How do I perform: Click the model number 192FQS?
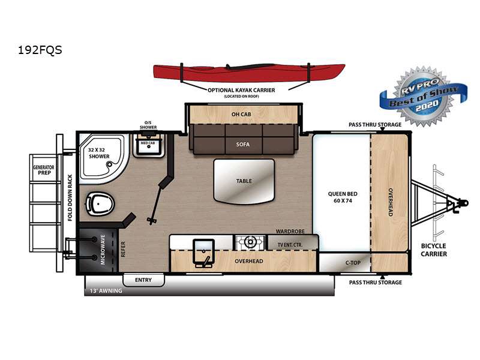click(x=40, y=50)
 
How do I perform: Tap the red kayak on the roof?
click(x=249, y=73)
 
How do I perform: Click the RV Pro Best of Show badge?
click(x=424, y=97)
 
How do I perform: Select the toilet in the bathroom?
click(x=100, y=203)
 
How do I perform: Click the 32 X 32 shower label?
click(x=99, y=153)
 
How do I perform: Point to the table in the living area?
click(x=244, y=181)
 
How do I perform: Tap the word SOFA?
click(x=243, y=145)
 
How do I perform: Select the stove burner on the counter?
click(x=250, y=242)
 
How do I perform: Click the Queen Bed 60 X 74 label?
click(x=343, y=197)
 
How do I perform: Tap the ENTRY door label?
click(x=143, y=280)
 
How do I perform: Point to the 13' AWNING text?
click(x=106, y=291)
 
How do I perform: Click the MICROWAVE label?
click(x=103, y=250)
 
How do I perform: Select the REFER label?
click(x=123, y=249)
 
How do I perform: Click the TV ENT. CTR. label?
click(x=290, y=245)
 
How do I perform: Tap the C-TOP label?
click(x=353, y=263)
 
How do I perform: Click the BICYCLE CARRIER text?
click(x=434, y=250)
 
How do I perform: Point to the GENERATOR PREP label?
click(x=44, y=170)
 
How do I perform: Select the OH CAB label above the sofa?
click(x=241, y=114)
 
